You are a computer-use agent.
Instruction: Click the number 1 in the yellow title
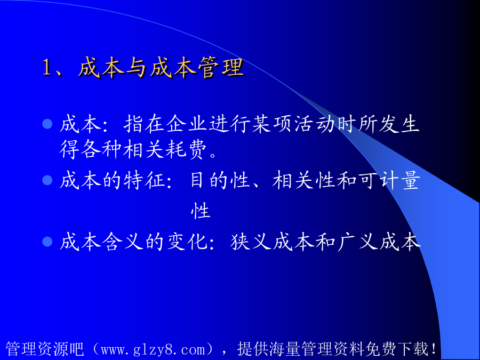[46, 67]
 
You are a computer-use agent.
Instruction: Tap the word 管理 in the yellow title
[221, 67]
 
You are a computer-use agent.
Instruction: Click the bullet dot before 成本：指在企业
[47, 124]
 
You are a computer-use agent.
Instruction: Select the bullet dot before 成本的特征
[47, 180]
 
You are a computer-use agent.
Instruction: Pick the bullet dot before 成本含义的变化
[47, 241]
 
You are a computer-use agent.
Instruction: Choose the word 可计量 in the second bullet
[389, 180]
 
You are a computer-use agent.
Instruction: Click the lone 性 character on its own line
[201, 211]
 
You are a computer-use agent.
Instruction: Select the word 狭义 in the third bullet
[251, 241]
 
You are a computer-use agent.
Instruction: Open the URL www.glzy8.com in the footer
[153, 349]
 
